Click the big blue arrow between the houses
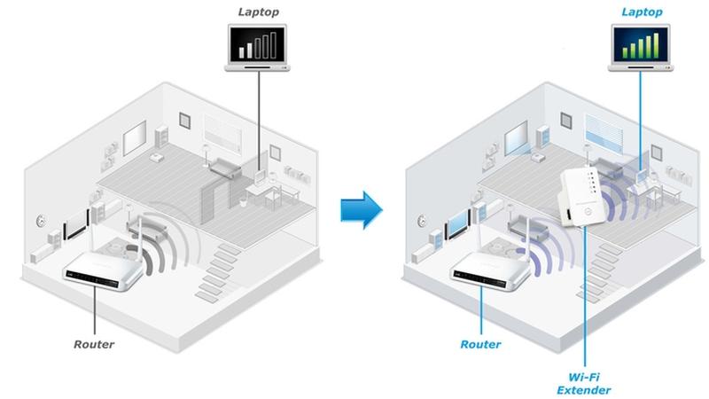[x=362, y=209]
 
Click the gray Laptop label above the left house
[x=257, y=12]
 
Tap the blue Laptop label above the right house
[x=643, y=12]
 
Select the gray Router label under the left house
[x=94, y=343]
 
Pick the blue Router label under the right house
[x=480, y=344]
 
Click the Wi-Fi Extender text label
[x=583, y=383]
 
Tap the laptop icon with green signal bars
[x=643, y=48]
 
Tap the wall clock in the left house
[x=41, y=220]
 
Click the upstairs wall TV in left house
[x=134, y=137]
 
